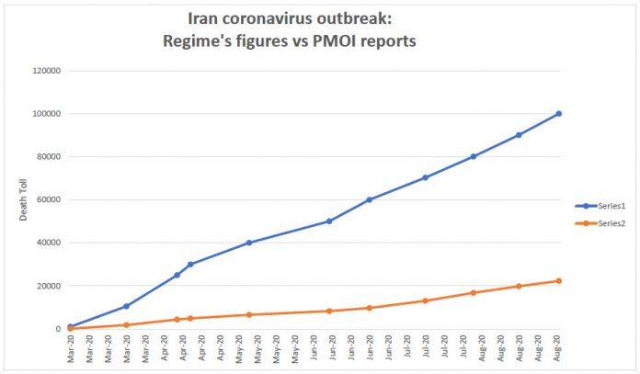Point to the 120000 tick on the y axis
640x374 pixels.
[46, 71]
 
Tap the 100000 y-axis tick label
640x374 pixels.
[46, 114]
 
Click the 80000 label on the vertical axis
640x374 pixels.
[48, 157]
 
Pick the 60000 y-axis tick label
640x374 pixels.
[48, 200]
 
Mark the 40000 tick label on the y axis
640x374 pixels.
[48, 243]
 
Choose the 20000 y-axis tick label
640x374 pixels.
[48, 286]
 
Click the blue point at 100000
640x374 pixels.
[558, 114]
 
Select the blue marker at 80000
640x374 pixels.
[474, 156]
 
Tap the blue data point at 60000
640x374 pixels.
[370, 199]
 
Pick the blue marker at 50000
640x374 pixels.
[329, 221]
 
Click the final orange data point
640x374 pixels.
[558, 281]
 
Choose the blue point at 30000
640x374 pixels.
[190, 264]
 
